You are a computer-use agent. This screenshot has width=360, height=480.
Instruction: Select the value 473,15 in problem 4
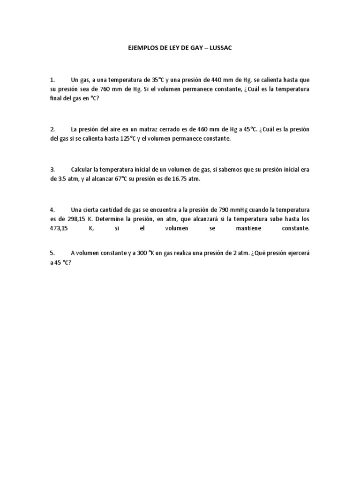pos(60,228)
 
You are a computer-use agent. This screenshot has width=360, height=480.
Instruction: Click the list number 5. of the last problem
pos(52,253)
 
